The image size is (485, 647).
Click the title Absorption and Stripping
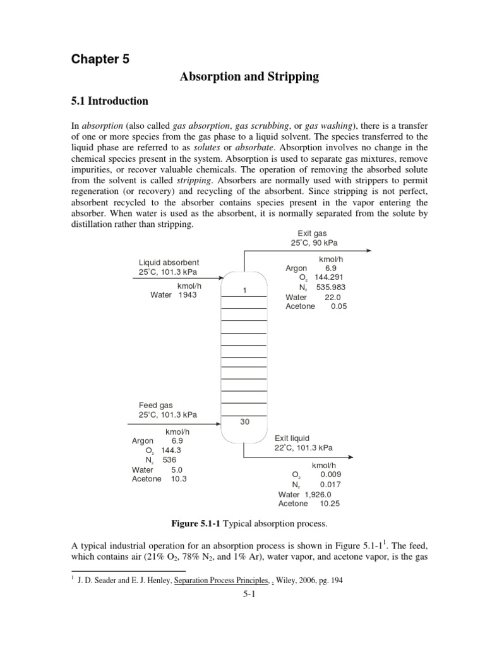pos(249,77)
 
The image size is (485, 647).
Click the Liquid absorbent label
pos(169,262)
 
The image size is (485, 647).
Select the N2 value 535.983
pos(332,287)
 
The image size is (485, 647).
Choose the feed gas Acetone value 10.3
pos(178,479)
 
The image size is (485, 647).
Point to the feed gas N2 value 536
pos(169,460)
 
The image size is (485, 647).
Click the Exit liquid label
pos(292,438)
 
